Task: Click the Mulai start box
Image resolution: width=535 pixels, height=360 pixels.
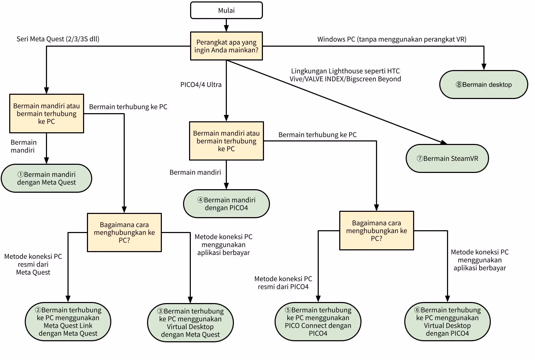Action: [226, 10]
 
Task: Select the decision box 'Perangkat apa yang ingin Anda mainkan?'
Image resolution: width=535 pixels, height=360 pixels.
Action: [226, 46]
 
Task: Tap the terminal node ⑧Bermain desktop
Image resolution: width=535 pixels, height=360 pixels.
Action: [483, 85]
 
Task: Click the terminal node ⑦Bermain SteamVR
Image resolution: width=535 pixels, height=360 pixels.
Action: [447, 158]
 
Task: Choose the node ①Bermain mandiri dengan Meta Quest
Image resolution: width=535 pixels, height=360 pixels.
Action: [46, 178]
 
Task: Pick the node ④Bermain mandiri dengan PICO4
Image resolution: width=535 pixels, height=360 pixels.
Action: [226, 204]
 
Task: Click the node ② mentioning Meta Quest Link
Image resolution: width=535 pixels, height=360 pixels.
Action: [68, 321]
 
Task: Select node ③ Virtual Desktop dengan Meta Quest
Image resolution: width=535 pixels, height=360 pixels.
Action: [190, 323]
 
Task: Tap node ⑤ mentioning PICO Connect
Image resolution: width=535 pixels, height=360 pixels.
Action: [318, 321]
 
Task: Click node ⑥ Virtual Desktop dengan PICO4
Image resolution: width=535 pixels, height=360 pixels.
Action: [447, 321]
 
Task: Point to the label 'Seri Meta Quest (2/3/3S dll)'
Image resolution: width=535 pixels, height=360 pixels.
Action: [58, 39]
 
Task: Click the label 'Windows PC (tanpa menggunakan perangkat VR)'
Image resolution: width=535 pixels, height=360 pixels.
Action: [392, 39]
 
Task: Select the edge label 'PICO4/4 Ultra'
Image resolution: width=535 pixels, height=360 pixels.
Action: [201, 85]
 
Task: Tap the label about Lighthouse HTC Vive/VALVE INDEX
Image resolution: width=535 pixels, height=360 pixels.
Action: [345, 75]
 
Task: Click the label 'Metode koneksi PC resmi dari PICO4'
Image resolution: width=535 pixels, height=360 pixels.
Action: [283, 283]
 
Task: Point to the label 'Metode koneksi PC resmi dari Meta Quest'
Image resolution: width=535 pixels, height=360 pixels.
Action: [33, 264]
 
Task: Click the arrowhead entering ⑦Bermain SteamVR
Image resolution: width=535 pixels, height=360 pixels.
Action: [443, 142]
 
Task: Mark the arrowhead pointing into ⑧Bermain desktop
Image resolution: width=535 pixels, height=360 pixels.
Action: [483, 67]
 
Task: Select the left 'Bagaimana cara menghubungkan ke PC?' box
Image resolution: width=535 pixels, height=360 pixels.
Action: [124, 232]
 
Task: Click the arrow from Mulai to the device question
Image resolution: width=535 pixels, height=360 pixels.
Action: [226, 25]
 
